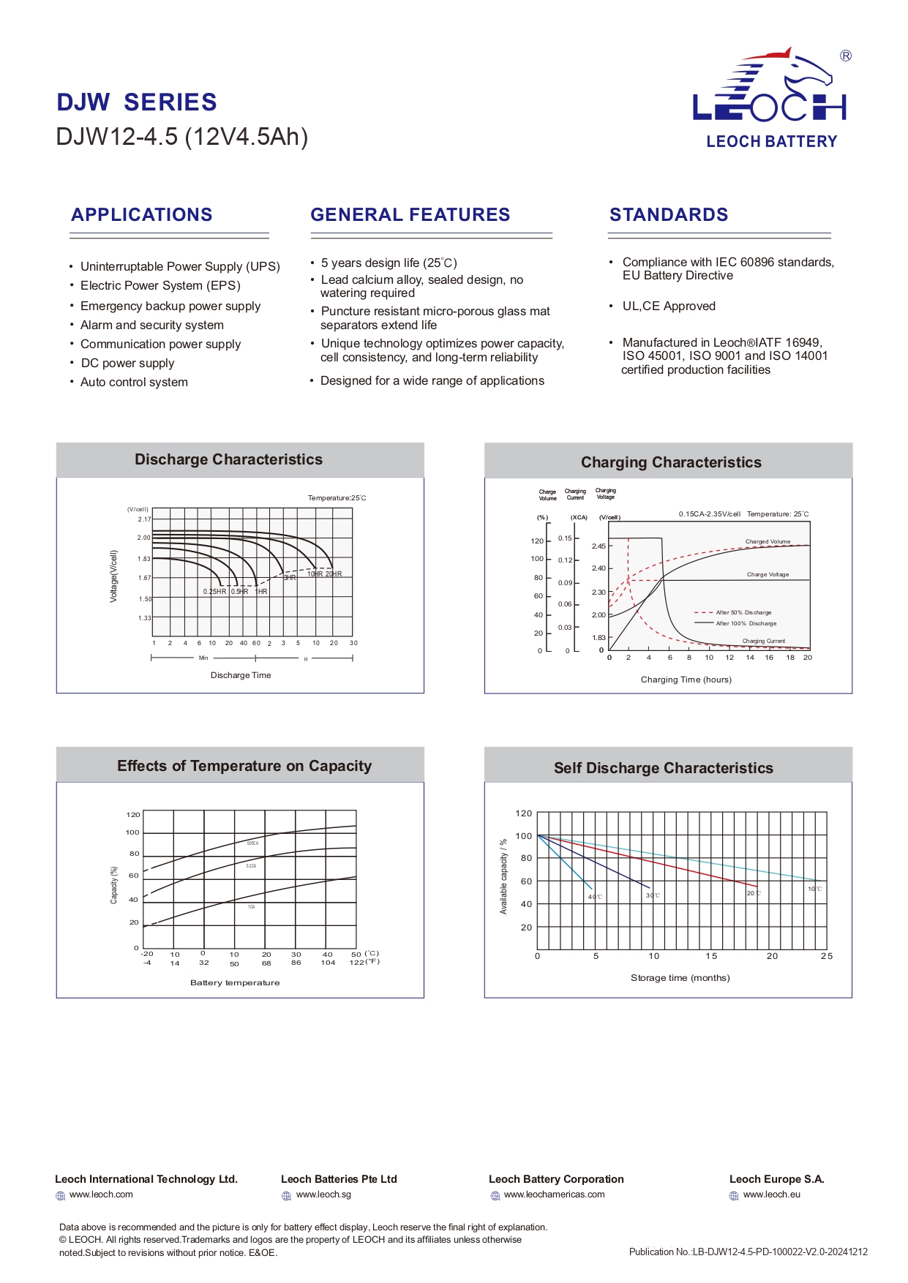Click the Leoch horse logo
point(770,86)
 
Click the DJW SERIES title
point(137,102)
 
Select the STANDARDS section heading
point(669,215)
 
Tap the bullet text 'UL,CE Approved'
point(669,306)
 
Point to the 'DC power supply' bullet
point(127,364)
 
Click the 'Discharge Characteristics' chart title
point(228,460)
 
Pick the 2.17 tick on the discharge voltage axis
point(144,519)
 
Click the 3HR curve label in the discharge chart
point(290,578)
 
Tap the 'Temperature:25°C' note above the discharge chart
point(337,498)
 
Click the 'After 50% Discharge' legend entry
point(743,613)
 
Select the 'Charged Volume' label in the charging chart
point(768,542)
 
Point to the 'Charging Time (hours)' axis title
point(686,680)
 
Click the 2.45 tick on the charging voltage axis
point(599,546)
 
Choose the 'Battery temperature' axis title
point(235,983)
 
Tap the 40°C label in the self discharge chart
point(595,897)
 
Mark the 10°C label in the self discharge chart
point(814,889)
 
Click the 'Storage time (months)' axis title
point(680,978)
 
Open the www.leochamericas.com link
point(554,1195)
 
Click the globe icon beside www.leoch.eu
point(734,1196)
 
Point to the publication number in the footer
point(748,1252)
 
